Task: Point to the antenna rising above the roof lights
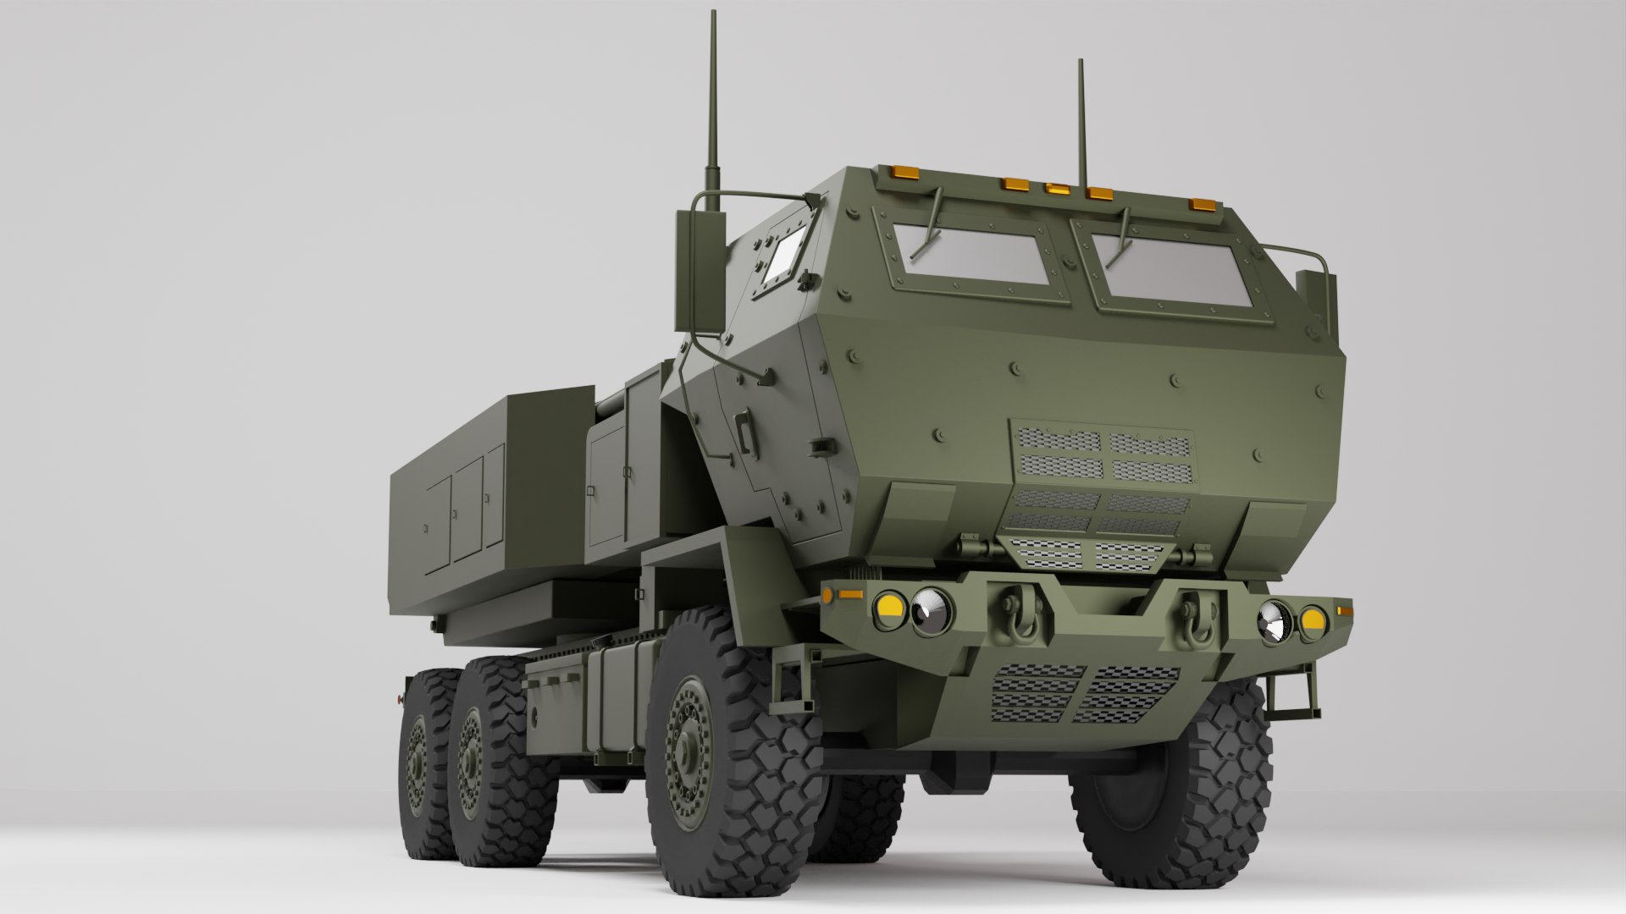pos(1081,118)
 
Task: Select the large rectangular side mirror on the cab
pos(700,271)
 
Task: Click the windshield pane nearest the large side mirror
pos(971,255)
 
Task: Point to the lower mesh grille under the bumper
pos(1084,691)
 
